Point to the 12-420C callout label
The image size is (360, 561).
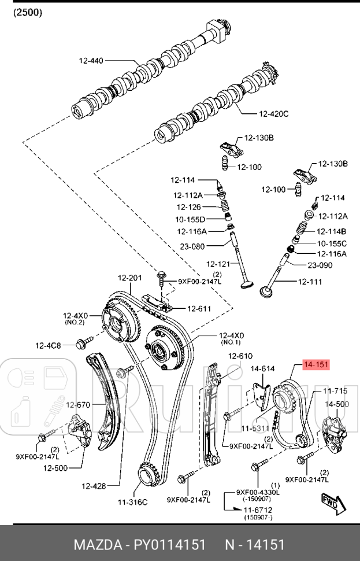[x=273, y=113]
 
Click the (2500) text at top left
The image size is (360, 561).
[x=27, y=12]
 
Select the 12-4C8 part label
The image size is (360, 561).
[x=49, y=345]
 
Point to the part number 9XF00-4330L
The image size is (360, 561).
[x=258, y=492]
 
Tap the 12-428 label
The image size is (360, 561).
[x=94, y=486]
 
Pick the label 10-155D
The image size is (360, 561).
[x=190, y=220]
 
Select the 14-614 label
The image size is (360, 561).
[x=262, y=368]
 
